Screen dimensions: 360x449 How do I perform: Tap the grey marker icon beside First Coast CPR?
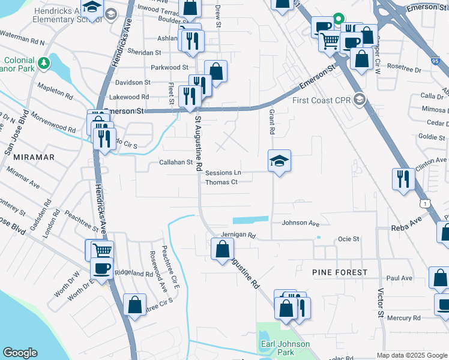pos(360,99)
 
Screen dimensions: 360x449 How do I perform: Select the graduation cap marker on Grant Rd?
pos(279,161)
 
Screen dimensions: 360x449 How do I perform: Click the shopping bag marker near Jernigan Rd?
pos(222,248)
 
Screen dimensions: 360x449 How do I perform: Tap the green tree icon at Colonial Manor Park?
pos(43,62)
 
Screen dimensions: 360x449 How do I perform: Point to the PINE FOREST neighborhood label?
pos(339,272)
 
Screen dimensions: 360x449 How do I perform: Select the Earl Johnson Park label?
pos(285,348)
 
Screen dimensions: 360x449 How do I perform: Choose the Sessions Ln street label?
pos(223,173)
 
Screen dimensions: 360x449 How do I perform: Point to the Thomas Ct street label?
pos(222,182)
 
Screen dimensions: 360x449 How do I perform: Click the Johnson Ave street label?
pos(300,223)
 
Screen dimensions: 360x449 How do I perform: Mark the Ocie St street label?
pos(348,239)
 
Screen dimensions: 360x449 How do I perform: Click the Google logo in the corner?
pos(20,353)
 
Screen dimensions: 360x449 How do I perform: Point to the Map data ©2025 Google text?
pos(411,355)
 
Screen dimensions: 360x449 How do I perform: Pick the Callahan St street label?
pos(175,162)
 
